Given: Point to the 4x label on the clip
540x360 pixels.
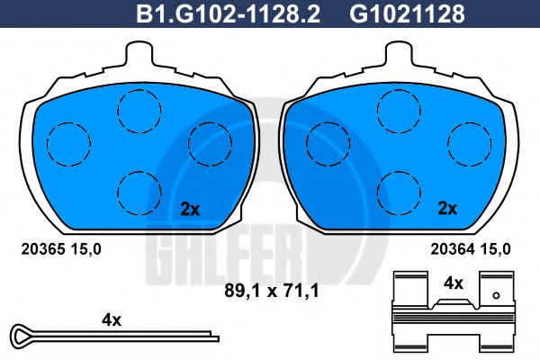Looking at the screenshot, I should pos(454,283).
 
